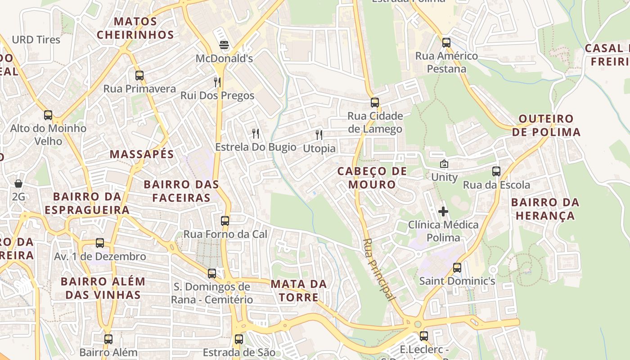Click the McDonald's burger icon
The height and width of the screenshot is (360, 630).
point(224,45)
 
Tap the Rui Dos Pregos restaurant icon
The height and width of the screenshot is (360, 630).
point(217,82)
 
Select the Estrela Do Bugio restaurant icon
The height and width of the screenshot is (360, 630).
point(256,133)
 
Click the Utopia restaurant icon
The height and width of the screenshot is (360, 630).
point(319,135)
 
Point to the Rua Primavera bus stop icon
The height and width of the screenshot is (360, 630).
point(139,75)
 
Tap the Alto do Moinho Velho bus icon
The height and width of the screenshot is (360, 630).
point(48,115)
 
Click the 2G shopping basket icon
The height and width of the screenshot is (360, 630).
point(18,184)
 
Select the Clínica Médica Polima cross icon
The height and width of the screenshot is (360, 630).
point(443,211)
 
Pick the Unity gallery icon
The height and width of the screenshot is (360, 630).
point(444,164)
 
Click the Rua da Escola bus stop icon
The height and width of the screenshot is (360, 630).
point(496,171)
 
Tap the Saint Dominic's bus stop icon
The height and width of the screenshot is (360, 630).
point(457,268)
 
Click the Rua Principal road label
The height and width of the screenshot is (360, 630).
point(379,270)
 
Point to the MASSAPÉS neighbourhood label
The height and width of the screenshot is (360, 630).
point(142,154)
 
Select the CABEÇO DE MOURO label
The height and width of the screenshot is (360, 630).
point(372,178)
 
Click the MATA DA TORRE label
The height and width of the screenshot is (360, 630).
point(299,291)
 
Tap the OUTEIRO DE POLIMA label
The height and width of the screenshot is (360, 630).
point(546,126)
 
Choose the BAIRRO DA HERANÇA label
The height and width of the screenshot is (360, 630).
point(545,209)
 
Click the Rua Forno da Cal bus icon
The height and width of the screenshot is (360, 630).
point(225,221)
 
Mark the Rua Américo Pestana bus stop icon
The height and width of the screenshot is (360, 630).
point(446,43)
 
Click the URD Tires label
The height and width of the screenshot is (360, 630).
point(36,40)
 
